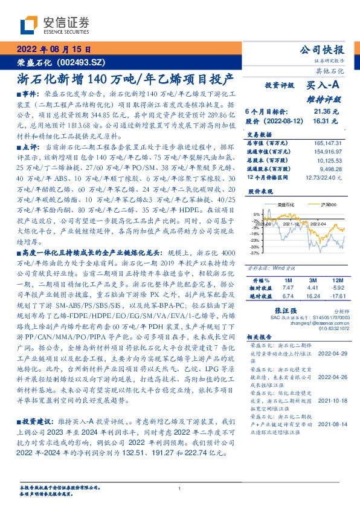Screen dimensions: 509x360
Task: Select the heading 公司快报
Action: click(x=326, y=50)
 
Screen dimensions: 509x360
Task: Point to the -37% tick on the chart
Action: click(x=256, y=253)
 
